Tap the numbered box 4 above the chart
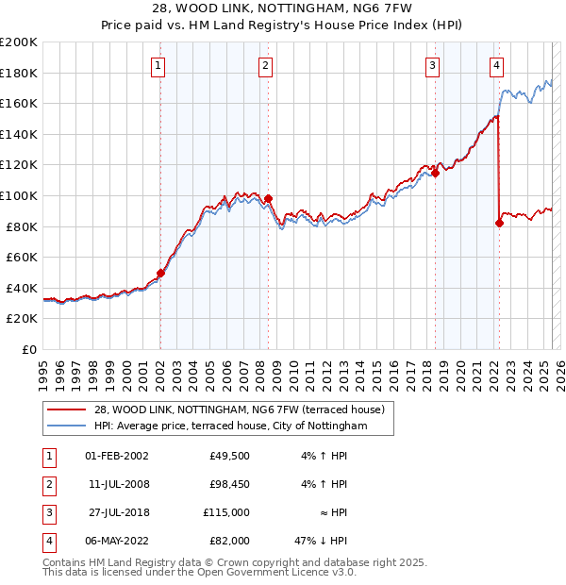[x=496, y=65]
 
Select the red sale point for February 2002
[x=160, y=274]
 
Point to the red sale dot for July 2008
[x=268, y=198]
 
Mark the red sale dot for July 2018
[x=436, y=173]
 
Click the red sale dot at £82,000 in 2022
[x=499, y=224]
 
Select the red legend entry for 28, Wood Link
[x=239, y=410]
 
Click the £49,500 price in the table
[x=229, y=456]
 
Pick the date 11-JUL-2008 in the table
[x=117, y=484]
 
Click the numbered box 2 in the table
[x=47, y=484]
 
